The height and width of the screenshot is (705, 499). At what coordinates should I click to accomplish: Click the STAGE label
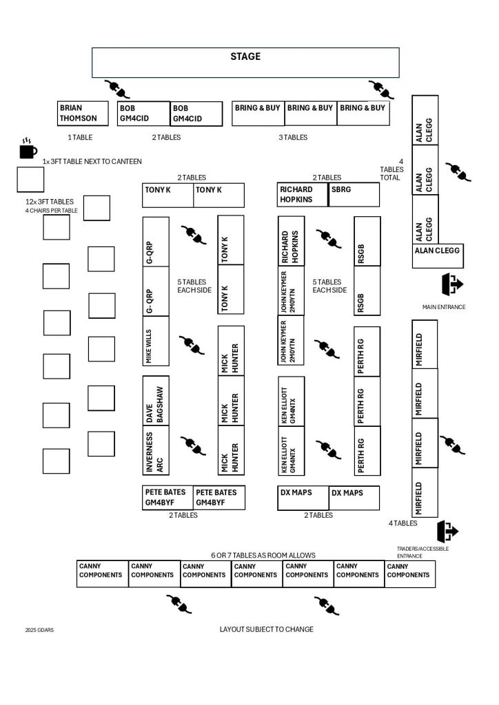click(245, 56)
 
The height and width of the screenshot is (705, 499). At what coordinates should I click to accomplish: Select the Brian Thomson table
click(83, 114)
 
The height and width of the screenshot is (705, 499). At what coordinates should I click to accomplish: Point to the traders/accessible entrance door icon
click(447, 531)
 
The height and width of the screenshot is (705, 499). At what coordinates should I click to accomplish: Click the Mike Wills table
click(156, 345)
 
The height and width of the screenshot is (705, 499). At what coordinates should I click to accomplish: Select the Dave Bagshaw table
click(156, 401)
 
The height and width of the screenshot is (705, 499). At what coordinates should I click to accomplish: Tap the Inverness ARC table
click(156, 452)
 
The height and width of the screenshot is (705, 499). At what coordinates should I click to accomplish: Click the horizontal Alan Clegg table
click(438, 256)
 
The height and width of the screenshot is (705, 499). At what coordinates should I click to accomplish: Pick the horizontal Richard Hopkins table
click(303, 195)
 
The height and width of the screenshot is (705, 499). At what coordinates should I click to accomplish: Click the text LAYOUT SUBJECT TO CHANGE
click(266, 629)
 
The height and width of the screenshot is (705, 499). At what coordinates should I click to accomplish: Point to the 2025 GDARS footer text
click(39, 629)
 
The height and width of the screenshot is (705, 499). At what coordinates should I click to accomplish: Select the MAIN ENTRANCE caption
click(444, 307)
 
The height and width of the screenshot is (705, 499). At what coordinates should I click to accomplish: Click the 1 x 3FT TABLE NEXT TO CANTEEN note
click(92, 161)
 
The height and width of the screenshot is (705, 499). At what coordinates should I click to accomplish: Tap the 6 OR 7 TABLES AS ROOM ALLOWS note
click(263, 555)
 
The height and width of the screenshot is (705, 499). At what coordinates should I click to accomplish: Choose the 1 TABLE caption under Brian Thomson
click(80, 138)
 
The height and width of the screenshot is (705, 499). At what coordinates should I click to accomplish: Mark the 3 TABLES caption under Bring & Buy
click(293, 138)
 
